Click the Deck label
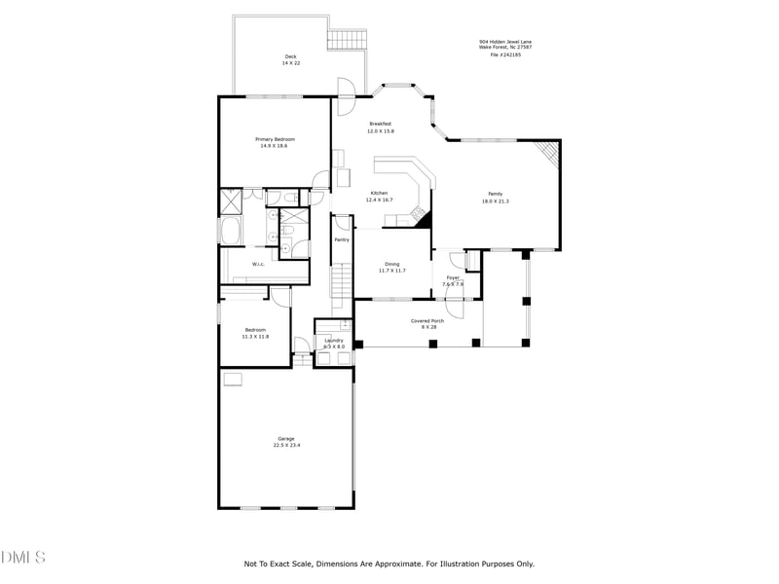click(x=290, y=56)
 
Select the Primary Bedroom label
click(x=275, y=139)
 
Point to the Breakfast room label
click(x=380, y=124)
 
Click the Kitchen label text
click(x=378, y=193)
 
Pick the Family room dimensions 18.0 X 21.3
click(x=495, y=201)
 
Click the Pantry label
click(x=341, y=239)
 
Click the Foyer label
click(x=453, y=277)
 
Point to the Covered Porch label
click(x=427, y=320)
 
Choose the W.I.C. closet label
click(x=258, y=264)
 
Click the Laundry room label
click(x=334, y=341)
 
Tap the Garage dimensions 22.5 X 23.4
click(x=285, y=446)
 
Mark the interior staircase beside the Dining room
click(x=340, y=284)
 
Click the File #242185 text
click(x=504, y=55)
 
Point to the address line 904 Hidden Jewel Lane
click(x=504, y=42)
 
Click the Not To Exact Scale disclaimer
click(x=389, y=564)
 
